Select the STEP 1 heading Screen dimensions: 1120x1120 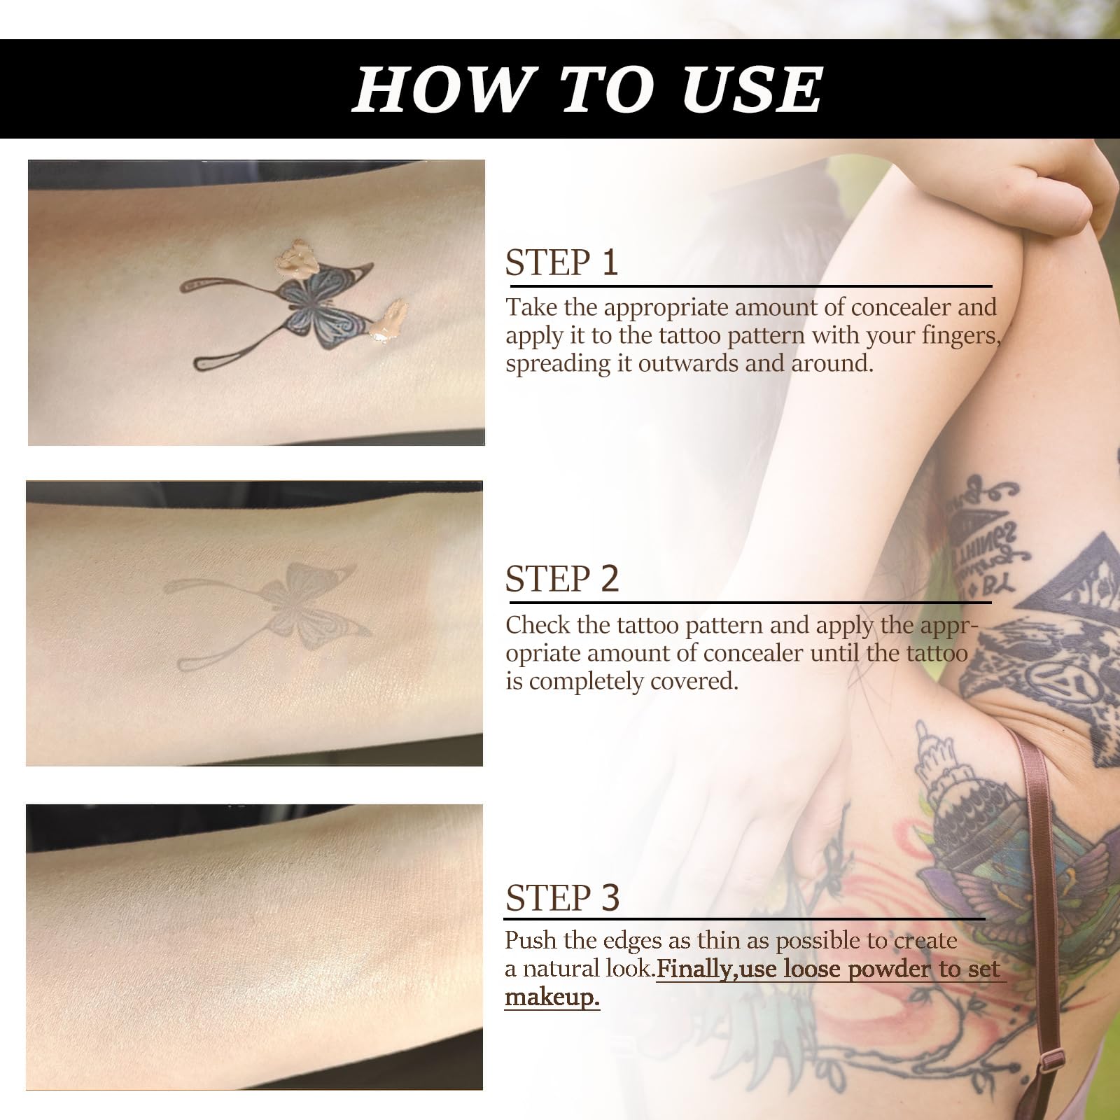562,262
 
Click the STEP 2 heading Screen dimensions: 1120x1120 562,579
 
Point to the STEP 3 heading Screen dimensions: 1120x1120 562,897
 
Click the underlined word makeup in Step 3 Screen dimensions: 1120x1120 552,996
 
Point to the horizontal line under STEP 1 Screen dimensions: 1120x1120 751,286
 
